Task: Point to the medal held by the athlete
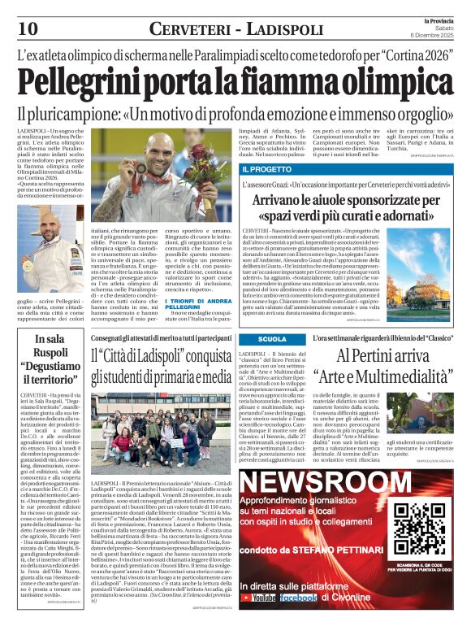(x=160, y=170)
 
